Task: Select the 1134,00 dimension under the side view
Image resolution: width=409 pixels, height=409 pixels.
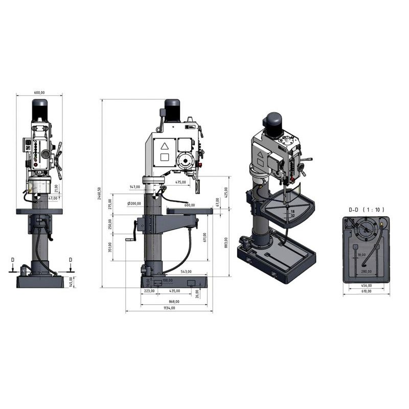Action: coord(169,308)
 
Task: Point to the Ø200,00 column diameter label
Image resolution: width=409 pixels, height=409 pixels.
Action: coord(134,203)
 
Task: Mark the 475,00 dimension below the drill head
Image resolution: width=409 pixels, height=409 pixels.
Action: coord(180,182)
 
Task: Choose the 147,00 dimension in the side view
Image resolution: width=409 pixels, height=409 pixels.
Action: coord(135,187)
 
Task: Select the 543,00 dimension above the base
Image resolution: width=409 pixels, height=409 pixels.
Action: coord(186,271)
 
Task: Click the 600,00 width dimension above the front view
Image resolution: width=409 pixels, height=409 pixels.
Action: coord(39,93)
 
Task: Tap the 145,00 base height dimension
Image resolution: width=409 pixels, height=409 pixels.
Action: coord(72,281)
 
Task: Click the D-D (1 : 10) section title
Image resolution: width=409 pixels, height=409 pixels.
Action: coord(366,210)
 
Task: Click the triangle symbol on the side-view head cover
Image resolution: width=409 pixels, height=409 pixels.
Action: coord(165,146)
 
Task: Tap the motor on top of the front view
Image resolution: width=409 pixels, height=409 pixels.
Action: coord(40,110)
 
